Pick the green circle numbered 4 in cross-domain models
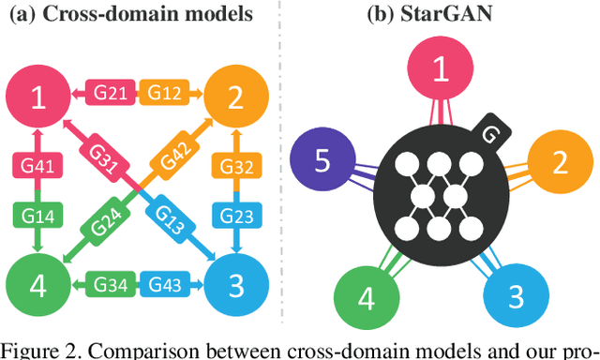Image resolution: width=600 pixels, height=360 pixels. [38, 281]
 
